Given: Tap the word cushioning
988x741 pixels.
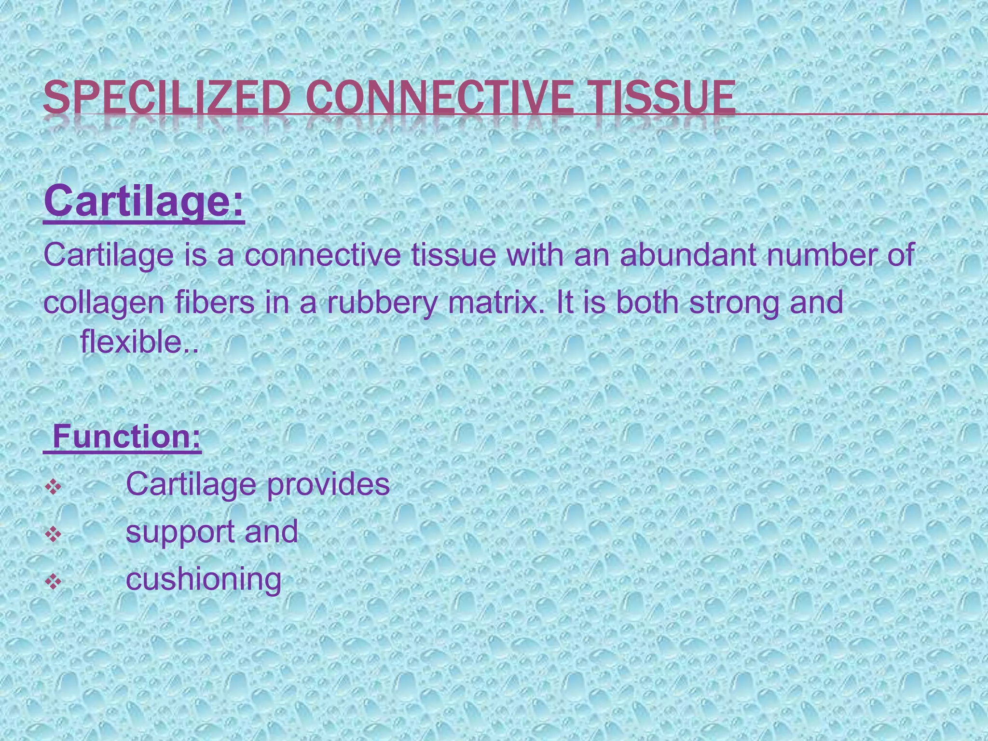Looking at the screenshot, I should click(203, 579).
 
